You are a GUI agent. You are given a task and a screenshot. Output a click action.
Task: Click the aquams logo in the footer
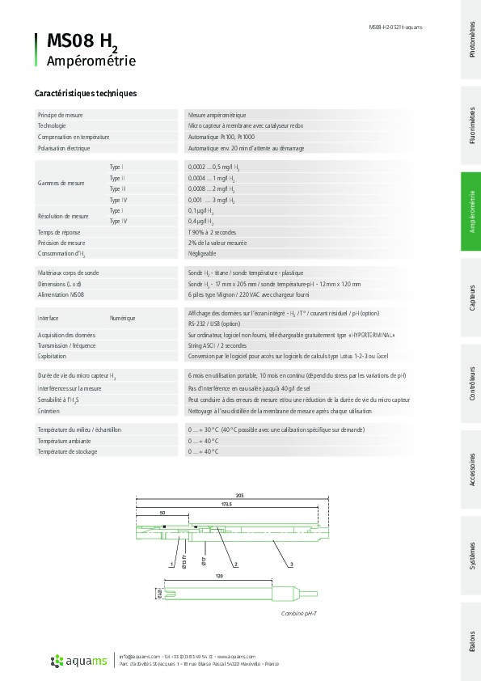pyautogui.click(x=78, y=662)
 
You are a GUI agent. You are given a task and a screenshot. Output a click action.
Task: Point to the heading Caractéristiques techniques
pyautogui.click(x=85, y=93)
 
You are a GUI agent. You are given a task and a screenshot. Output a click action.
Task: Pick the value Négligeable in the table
pyautogui.click(x=202, y=253)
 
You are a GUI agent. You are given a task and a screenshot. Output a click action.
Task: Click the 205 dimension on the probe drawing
pyautogui.click(x=239, y=495)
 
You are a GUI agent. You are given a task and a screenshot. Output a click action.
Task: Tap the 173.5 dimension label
pyautogui.click(x=226, y=505)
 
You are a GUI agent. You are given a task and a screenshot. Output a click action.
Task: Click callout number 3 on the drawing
pyautogui.click(x=291, y=562)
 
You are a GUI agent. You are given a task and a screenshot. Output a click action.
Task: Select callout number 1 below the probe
pyautogui.click(x=172, y=562)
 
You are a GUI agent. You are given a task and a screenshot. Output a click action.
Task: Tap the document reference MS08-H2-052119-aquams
pyautogui.click(x=395, y=27)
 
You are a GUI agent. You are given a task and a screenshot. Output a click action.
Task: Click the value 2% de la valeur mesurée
pyautogui.click(x=217, y=243)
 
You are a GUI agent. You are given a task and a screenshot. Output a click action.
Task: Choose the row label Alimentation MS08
pyautogui.click(x=61, y=295)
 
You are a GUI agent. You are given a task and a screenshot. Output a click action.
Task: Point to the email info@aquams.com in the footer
pyautogui.click(x=139, y=656)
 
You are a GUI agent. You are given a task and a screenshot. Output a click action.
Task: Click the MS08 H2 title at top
pyautogui.click(x=82, y=41)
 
